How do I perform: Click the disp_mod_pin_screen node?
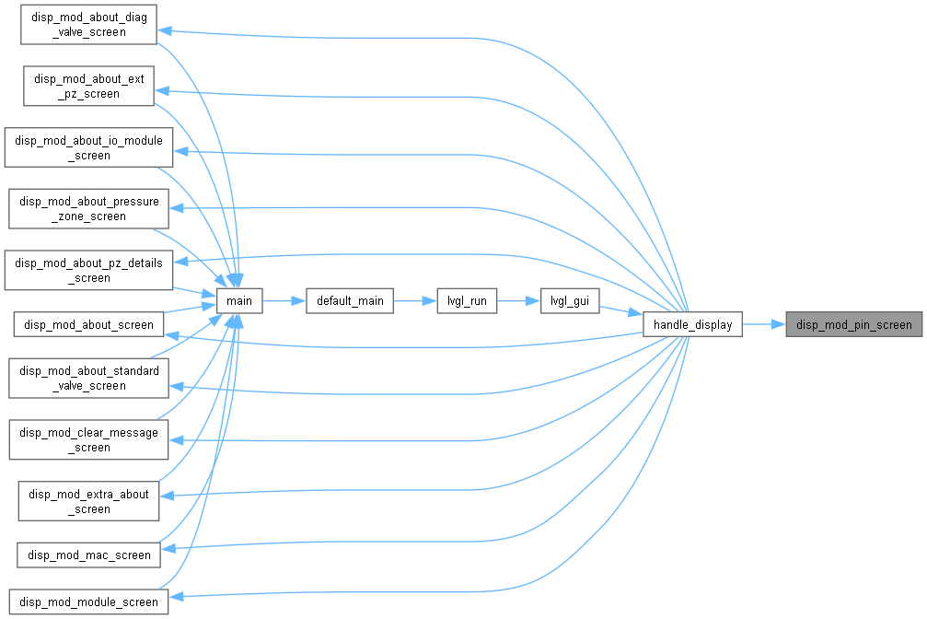tap(853, 324)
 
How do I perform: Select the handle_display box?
tap(692, 324)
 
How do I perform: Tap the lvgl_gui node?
tap(570, 300)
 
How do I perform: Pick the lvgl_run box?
tap(467, 300)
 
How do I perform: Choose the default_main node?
tap(350, 300)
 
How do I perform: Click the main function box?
tap(239, 300)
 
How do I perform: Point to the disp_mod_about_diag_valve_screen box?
tap(88, 24)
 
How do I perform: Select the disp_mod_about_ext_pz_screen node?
tap(88, 86)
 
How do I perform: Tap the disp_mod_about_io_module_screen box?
tap(88, 147)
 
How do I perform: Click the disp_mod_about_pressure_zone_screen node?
tap(88, 208)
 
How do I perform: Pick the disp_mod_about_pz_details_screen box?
tap(88, 270)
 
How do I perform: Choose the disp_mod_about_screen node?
tap(88, 324)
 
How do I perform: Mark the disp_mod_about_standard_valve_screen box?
tap(88, 378)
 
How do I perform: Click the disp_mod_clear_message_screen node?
tap(88, 439)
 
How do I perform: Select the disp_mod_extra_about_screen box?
tap(88, 501)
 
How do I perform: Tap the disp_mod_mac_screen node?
tap(88, 555)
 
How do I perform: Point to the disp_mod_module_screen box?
tap(88, 601)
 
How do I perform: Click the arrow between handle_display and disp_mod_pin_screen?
tap(764, 324)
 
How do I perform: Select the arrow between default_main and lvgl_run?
tap(415, 300)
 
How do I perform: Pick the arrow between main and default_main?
tap(284, 300)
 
